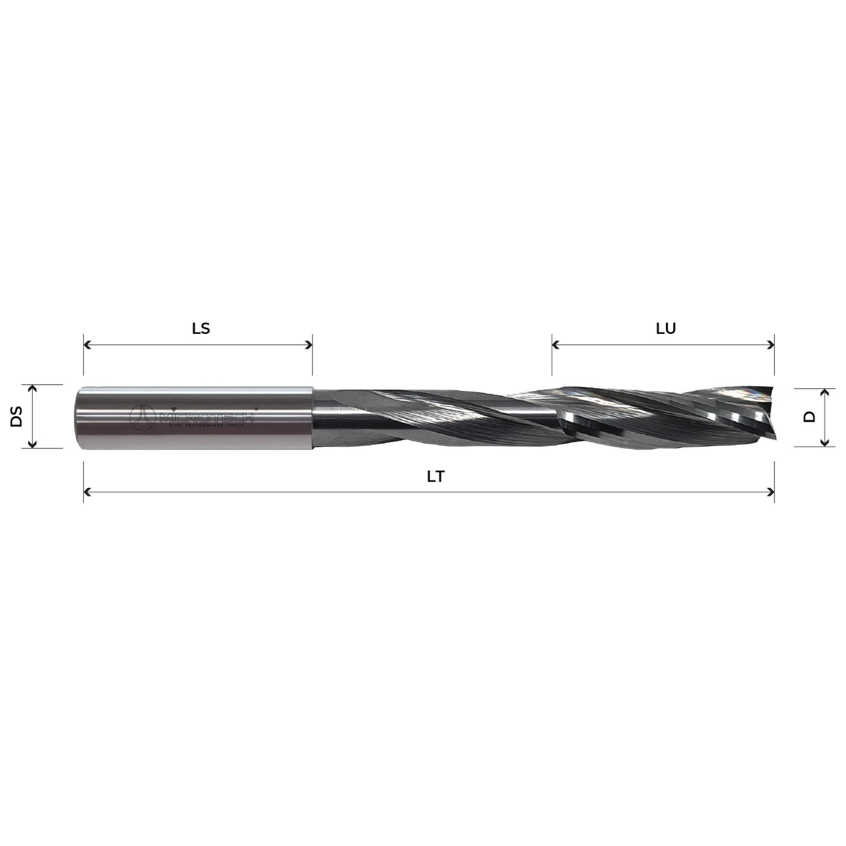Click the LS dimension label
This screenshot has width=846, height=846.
(201, 328)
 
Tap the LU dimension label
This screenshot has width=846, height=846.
(666, 328)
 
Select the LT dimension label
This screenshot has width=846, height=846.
(435, 477)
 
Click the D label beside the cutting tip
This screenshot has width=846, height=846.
(809, 417)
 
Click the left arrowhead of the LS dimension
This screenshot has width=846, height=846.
(87, 345)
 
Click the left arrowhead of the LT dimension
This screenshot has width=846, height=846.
(87, 492)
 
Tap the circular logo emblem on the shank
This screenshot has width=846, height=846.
(143, 416)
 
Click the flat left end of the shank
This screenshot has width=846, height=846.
(76, 417)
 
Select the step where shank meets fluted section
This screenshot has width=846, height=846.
(313, 417)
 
